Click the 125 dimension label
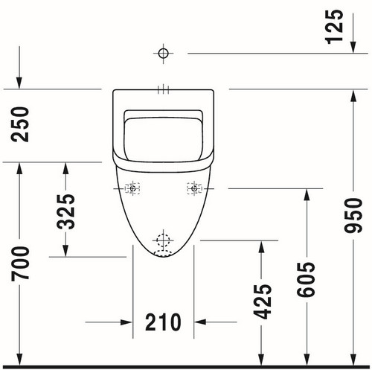pyautogui.click(x=334, y=27)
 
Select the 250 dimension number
pyautogui.click(x=20, y=124)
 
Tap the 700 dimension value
pyautogui.click(x=20, y=264)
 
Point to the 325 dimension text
pyautogui.click(x=65, y=211)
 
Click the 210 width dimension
pyautogui.click(x=163, y=322)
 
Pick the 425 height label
pyautogui.click(x=263, y=302)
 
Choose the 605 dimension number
pyautogui.click(x=306, y=279)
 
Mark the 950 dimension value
pyautogui.click(x=353, y=216)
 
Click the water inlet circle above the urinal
pyautogui.click(x=163, y=53)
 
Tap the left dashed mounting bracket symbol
pyautogui.click(x=132, y=188)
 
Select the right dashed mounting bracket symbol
pyautogui.click(x=194, y=188)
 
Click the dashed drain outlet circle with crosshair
pyautogui.click(x=163, y=240)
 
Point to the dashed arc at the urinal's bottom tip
pyautogui.click(x=163, y=253)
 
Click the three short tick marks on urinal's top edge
pyautogui.click(x=163, y=89)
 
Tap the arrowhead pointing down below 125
pyautogui.click(x=353, y=47)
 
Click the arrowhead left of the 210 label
pyautogui.click(x=126, y=322)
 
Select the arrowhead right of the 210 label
pyautogui.click(x=200, y=322)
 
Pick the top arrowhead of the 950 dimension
pyautogui.click(x=353, y=95)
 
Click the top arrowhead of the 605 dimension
pyautogui.click(x=307, y=195)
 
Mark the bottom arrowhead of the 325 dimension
pyautogui.click(x=65, y=251)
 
